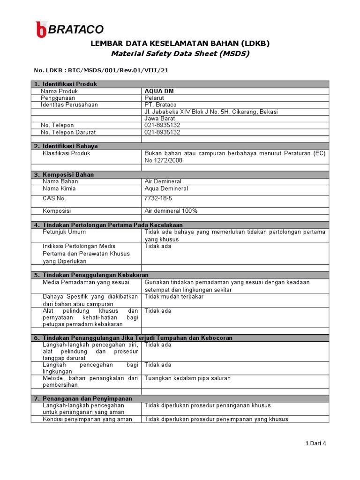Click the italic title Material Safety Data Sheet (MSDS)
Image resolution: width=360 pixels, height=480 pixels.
tap(180, 53)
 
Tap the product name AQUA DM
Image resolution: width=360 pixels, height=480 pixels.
tap(159, 91)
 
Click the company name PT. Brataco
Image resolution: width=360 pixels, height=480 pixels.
tap(160, 105)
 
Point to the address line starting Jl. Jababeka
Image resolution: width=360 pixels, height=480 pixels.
tap(211, 112)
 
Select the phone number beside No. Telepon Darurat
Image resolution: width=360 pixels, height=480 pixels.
tap(162, 132)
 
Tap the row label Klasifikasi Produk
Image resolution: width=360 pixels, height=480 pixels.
tap(66, 153)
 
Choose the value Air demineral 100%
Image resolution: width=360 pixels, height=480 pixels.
tap(171, 211)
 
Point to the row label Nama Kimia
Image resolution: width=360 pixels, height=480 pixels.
tap(59, 188)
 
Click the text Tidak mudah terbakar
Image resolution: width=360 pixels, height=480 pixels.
tap(174, 297)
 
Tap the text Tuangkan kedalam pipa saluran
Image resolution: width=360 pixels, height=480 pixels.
tap(187, 378)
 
